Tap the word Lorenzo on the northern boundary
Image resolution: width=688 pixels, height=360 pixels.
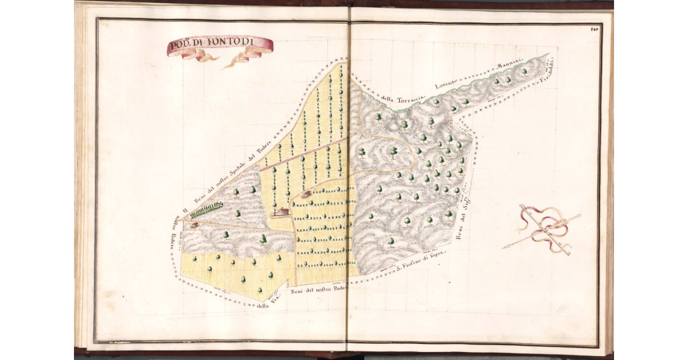[x=448, y=84]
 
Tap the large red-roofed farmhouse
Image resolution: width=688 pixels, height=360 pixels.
[x=280, y=212]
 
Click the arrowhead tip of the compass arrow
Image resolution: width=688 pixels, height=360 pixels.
[x=505, y=247]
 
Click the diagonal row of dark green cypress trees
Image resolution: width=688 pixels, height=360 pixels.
[x=206, y=210]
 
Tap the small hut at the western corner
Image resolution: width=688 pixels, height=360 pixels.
[x=194, y=225]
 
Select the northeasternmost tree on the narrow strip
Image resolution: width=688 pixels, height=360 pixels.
[x=524, y=72]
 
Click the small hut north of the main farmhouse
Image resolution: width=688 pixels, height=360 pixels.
[x=307, y=194]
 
